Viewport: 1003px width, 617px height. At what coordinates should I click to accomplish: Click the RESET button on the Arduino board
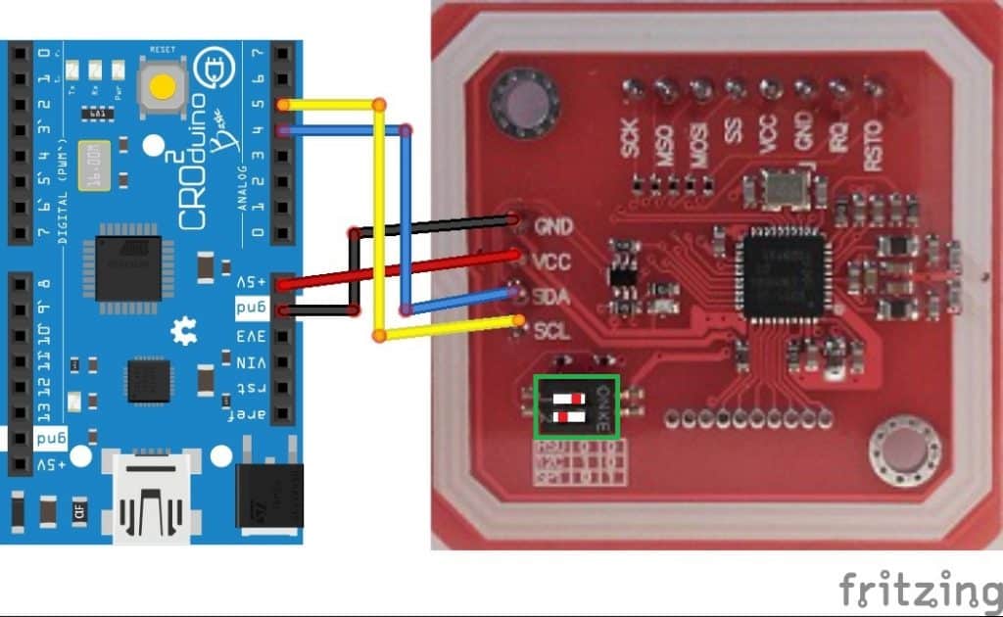161,85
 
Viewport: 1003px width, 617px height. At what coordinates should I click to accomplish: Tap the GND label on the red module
553,226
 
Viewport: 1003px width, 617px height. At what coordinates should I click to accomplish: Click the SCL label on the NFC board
551,330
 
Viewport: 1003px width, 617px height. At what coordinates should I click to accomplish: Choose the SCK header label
631,138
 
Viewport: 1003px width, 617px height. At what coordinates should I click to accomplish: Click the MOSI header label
699,138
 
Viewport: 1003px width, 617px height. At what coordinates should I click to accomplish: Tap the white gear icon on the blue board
183,333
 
